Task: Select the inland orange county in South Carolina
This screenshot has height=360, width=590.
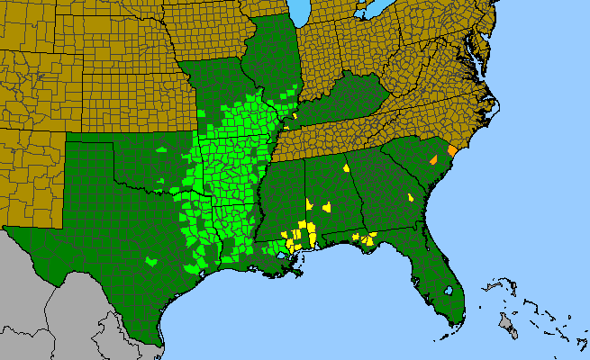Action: pyautogui.click(x=433, y=159)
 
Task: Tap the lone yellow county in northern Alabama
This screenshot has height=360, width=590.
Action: pyautogui.click(x=346, y=166)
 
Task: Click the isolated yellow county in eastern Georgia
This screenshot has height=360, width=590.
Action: pyautogui.click(x=411, y=196)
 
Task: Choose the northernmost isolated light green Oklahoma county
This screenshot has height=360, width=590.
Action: pyautogui.click(x=161, y=149)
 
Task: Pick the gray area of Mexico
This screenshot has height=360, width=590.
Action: pyautogui.click(x=45, y=297)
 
